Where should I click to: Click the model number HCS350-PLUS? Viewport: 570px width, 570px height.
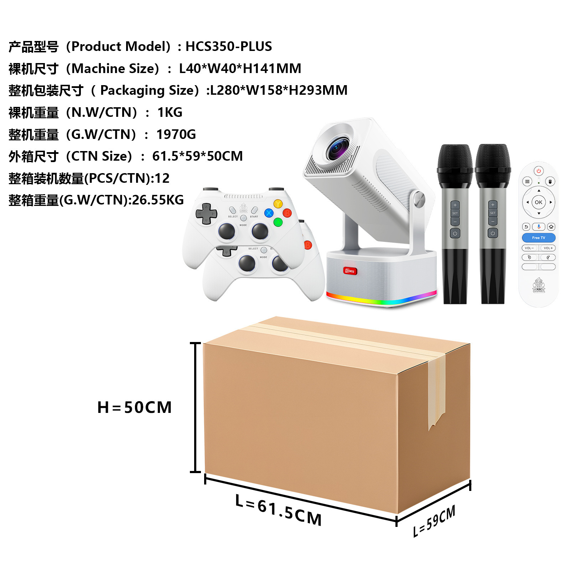click(x=228, y=47)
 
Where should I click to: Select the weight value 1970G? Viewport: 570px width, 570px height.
click(x=176, y=135)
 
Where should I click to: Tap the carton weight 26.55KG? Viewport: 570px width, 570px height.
click(x=158, y=200)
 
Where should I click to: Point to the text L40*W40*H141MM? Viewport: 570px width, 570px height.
click(x=240, y=69)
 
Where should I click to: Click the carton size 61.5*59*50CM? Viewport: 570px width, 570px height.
click(x=197, y=156)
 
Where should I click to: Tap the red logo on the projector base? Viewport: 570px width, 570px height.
click(x=350, y=271)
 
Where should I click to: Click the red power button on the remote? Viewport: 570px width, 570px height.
click(x=539, y=171)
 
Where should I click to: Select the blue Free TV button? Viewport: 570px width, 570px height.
click(x=538, y=238)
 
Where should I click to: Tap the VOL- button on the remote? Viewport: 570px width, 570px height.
click(x=529, y=248)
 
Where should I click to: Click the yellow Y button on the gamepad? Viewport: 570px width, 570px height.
click(x=278, y=204)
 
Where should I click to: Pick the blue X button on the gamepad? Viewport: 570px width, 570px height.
click(x=269, y=213)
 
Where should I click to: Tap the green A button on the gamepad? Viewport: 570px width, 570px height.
click(x=278, y=222)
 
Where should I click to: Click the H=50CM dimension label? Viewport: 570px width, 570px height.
click(x=134, y=408)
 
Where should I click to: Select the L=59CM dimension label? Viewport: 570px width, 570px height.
click(x=434, y=521)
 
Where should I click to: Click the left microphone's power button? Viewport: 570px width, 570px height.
click(x=455, y=233)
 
